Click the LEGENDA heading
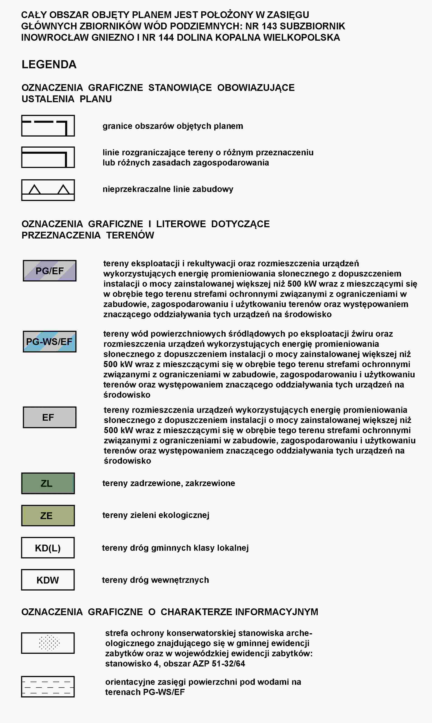(49, 64)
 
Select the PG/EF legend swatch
(50, 271)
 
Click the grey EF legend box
(50, 417)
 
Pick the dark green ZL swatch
(48, 483)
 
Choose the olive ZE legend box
(48, 516)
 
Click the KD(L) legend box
(48, 548)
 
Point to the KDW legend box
(48, 580)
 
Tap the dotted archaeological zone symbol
(49, 643)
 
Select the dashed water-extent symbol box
(48, 687)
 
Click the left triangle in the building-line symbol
(35, 190)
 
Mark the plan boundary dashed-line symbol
(48, 126)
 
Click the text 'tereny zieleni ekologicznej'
(156, 515)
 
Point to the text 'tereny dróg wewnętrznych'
(155, 580)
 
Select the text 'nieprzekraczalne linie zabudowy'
(168, 189)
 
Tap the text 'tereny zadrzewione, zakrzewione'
(169, 483)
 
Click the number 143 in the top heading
(269, 26)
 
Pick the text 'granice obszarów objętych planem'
(173, 126)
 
